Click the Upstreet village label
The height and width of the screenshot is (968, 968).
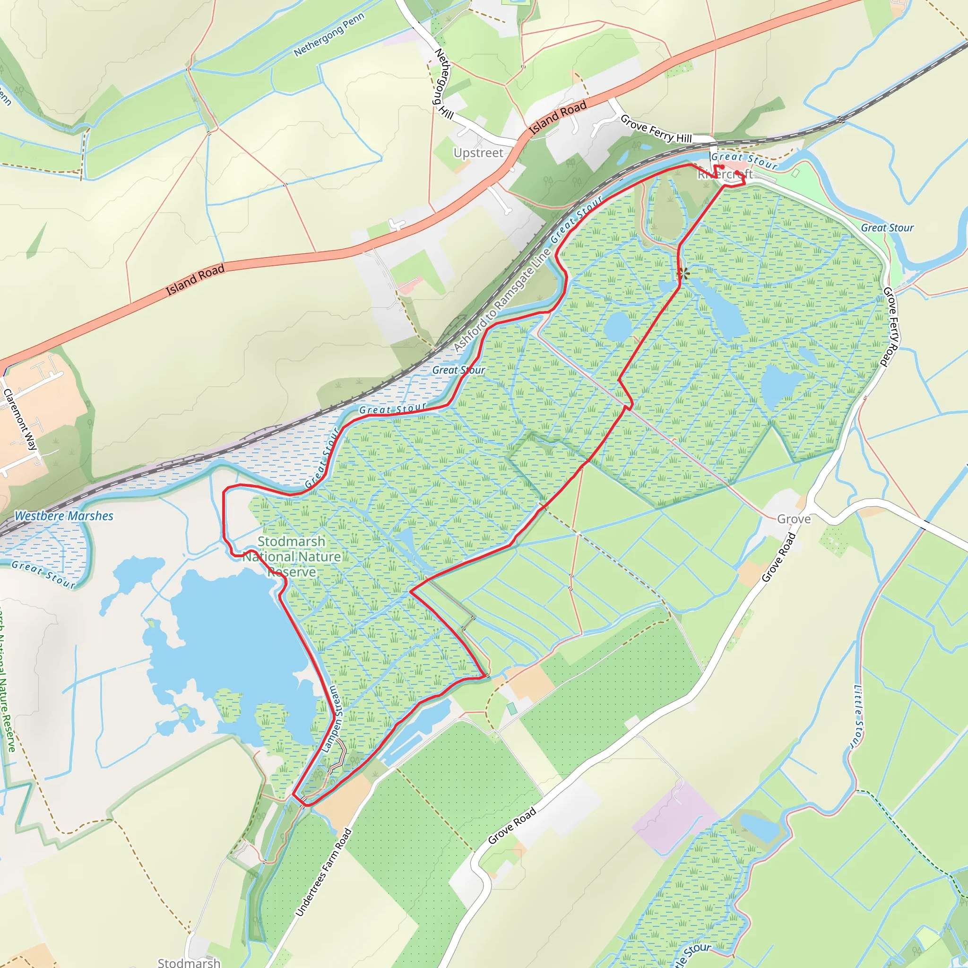point(478,153)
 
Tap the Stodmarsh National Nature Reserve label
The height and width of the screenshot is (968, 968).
point(292,557)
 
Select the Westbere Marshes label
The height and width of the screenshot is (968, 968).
point(64,516)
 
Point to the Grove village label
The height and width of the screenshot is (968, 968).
point(794,519)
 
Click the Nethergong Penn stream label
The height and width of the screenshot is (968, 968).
point(328,35)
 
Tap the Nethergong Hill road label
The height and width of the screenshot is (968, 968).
point(443,83)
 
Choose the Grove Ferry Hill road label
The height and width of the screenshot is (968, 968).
point(656,129)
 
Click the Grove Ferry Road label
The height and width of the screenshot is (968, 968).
point(890,326)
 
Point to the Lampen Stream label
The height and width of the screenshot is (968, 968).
point(331,718)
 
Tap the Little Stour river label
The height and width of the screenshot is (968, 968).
point(858,717)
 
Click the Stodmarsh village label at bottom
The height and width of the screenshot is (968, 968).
point(189,962)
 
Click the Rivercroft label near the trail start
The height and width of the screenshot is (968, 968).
point(725,174)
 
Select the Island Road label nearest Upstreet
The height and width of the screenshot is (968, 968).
point(558,118)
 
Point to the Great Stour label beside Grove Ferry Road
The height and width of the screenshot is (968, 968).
point(887,228)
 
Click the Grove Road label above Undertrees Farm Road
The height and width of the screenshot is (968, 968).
point(512,825)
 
